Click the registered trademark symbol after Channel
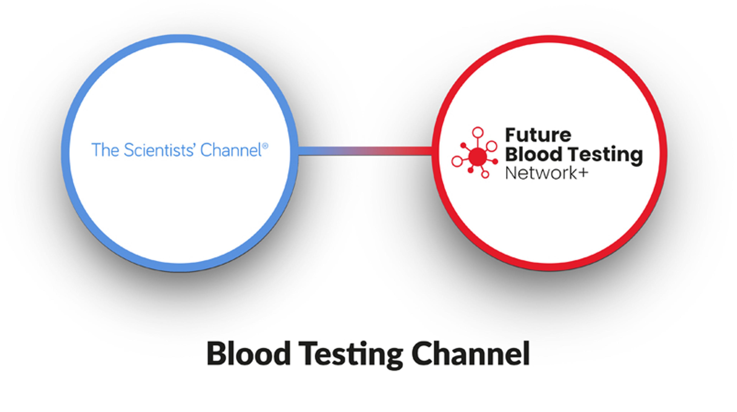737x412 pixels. [x=265, y=146]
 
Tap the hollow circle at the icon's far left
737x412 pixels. [x=457, y=161]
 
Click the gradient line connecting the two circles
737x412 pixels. [x=365, y=151]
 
